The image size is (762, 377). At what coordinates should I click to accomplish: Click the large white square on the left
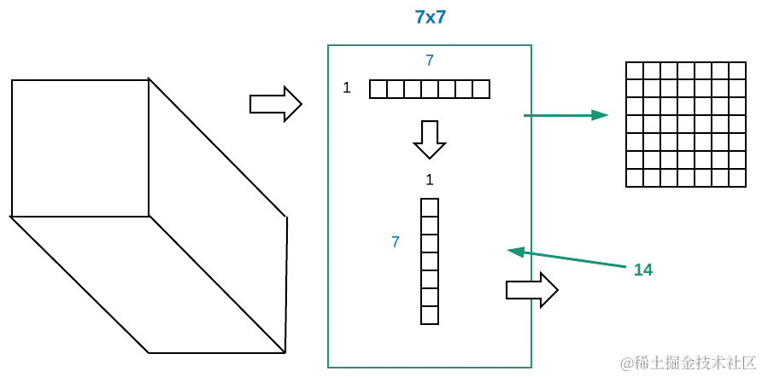coord(79,148)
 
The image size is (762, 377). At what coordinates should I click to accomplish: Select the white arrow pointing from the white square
coord(274,104)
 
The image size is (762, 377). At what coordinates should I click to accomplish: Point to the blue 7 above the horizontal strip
coord(430,61)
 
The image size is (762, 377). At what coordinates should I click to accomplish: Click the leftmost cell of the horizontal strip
coord(378,89)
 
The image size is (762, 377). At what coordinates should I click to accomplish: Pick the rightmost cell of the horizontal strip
coord(482,89)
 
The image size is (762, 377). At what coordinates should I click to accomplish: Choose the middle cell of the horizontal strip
coord(430,89)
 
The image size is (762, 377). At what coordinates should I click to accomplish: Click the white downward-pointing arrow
coord(430,139)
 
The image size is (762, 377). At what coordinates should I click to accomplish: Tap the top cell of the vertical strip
coord(429,208)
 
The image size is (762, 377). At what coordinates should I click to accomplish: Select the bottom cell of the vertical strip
coord(429,315)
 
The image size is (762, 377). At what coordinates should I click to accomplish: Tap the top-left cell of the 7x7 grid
coord(635,71)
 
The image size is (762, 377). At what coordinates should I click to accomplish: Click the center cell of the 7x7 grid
coord(685,125)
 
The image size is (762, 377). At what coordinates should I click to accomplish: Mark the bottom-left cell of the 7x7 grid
coord(635,178)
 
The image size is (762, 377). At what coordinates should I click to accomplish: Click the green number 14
coord(642,270)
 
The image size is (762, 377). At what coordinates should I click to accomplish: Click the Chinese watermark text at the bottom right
coord(686,362)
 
